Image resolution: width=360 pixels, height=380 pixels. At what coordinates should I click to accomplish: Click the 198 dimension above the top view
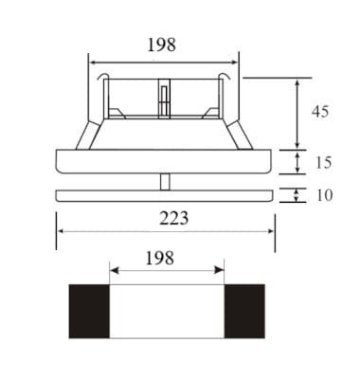pyautogui.click(x=162, y=44)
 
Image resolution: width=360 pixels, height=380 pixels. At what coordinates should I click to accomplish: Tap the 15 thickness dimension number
pyautogui.click(x=322, y=162)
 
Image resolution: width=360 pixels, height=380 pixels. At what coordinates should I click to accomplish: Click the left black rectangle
pyautogui.click(x=88, y=311)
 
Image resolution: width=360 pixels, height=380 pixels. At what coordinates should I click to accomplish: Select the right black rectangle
pyautogui.click(x=244, y=311)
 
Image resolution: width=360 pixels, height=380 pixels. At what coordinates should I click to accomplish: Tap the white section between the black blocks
pyautogui.click(x=167, y=311)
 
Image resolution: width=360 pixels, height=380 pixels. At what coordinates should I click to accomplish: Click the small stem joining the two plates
pyautogui.click(x=166, y=182)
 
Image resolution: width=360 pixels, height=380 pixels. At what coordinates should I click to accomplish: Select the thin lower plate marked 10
pyautogui.click(x=165, y=196)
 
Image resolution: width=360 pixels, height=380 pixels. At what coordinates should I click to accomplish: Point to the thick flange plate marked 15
pyautogui.click(x=165, y=162)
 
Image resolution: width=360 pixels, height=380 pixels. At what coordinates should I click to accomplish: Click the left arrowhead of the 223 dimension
pyautogui.click(x=61, y=231)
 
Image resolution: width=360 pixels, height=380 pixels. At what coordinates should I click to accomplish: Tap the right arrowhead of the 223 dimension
pyautogui.click(x=272, y=231)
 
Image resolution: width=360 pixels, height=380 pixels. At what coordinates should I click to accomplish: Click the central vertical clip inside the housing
pyautogui.click(x=164, y=98)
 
